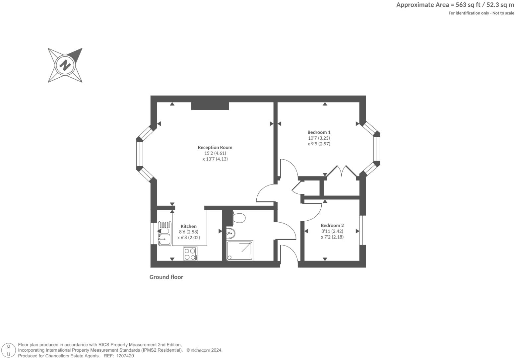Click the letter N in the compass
point(65,65)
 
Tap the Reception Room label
point(215,147)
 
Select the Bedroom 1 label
point(319,132)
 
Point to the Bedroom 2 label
point(332,225)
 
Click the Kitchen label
point(189,226)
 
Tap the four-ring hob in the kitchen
point(190,254)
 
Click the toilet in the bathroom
point(239,218)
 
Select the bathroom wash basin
point(230,234)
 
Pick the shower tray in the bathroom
point(240,251)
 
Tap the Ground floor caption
point(166,277)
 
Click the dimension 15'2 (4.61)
point(215,153)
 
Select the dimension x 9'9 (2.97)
point(319,144)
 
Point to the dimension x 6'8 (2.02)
point(189,237)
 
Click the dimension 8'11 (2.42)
point(332,231)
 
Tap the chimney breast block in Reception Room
point(210,106)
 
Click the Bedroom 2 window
point(362,230)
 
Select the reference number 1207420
point(125,356)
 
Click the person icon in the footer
point(9,350)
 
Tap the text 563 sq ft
point(468,5)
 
